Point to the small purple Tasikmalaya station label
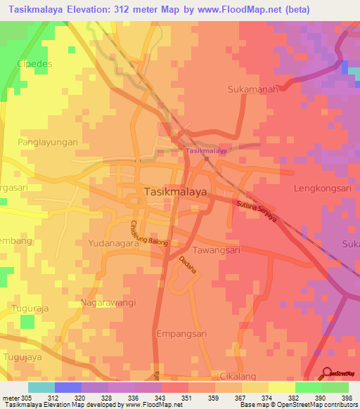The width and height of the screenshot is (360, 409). pos(207,151)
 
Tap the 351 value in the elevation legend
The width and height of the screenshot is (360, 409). pos(188,398)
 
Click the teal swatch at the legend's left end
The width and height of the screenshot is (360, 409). pos(41,387)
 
